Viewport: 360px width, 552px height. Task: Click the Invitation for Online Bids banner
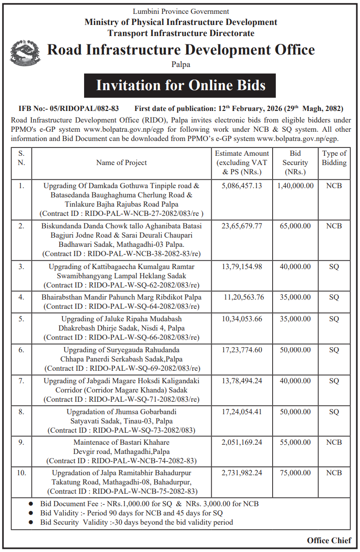(x=180, y=86)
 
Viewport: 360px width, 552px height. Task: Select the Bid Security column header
(x=295, y=162)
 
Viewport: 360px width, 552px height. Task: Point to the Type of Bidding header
(x=334, y=158)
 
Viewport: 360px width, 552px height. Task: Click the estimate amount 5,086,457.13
(x=242, y=185)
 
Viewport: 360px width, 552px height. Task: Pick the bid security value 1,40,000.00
(x=295, y=185)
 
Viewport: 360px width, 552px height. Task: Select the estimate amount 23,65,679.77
(x=242, y=226)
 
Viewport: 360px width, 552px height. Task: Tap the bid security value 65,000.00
(x=295, y=226)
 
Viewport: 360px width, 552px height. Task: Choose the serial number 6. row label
(x=21, y=350)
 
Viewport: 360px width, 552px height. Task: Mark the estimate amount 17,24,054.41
(x=242, y=411)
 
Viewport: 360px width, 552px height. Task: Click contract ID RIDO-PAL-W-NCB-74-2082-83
(x=122, y=461)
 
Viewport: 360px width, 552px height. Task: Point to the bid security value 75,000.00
(x=295, y=473)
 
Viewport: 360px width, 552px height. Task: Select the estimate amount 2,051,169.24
(x=242, y=442)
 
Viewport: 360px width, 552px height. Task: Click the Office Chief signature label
(x=329, y=540)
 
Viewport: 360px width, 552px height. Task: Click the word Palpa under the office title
(x=180, y=65)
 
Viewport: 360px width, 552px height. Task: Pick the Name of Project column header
(x=122, y=162)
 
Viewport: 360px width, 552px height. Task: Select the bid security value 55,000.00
(x=295, y=442)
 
